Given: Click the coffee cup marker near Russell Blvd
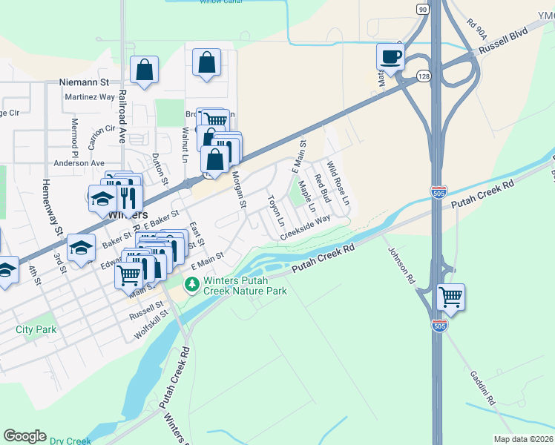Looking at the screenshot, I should (x=390, y=58).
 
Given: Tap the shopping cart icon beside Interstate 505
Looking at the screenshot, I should (x=451, y=297).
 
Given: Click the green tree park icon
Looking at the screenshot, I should (x=192, y=284).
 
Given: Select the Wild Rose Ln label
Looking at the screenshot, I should (x=338, y=185).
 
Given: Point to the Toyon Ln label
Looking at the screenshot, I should (x=276, y=211).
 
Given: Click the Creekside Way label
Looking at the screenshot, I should (x=305, y=228).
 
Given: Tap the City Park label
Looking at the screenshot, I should (x=35, y=328).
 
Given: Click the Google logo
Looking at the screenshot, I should (x=24, y=436).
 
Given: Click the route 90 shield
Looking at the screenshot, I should (x=422, y=9).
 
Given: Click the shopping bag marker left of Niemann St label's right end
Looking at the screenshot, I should (x=145, y=70).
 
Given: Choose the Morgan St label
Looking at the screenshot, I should (x=238, y=190).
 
